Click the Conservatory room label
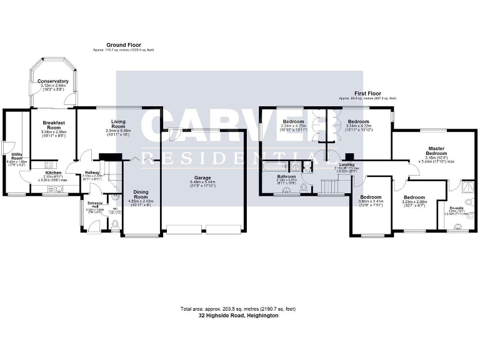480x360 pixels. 53,82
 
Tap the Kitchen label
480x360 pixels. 54,172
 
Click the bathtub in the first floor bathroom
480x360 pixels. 276,167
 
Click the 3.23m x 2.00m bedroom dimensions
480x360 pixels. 414,202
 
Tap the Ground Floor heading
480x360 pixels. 123,45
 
